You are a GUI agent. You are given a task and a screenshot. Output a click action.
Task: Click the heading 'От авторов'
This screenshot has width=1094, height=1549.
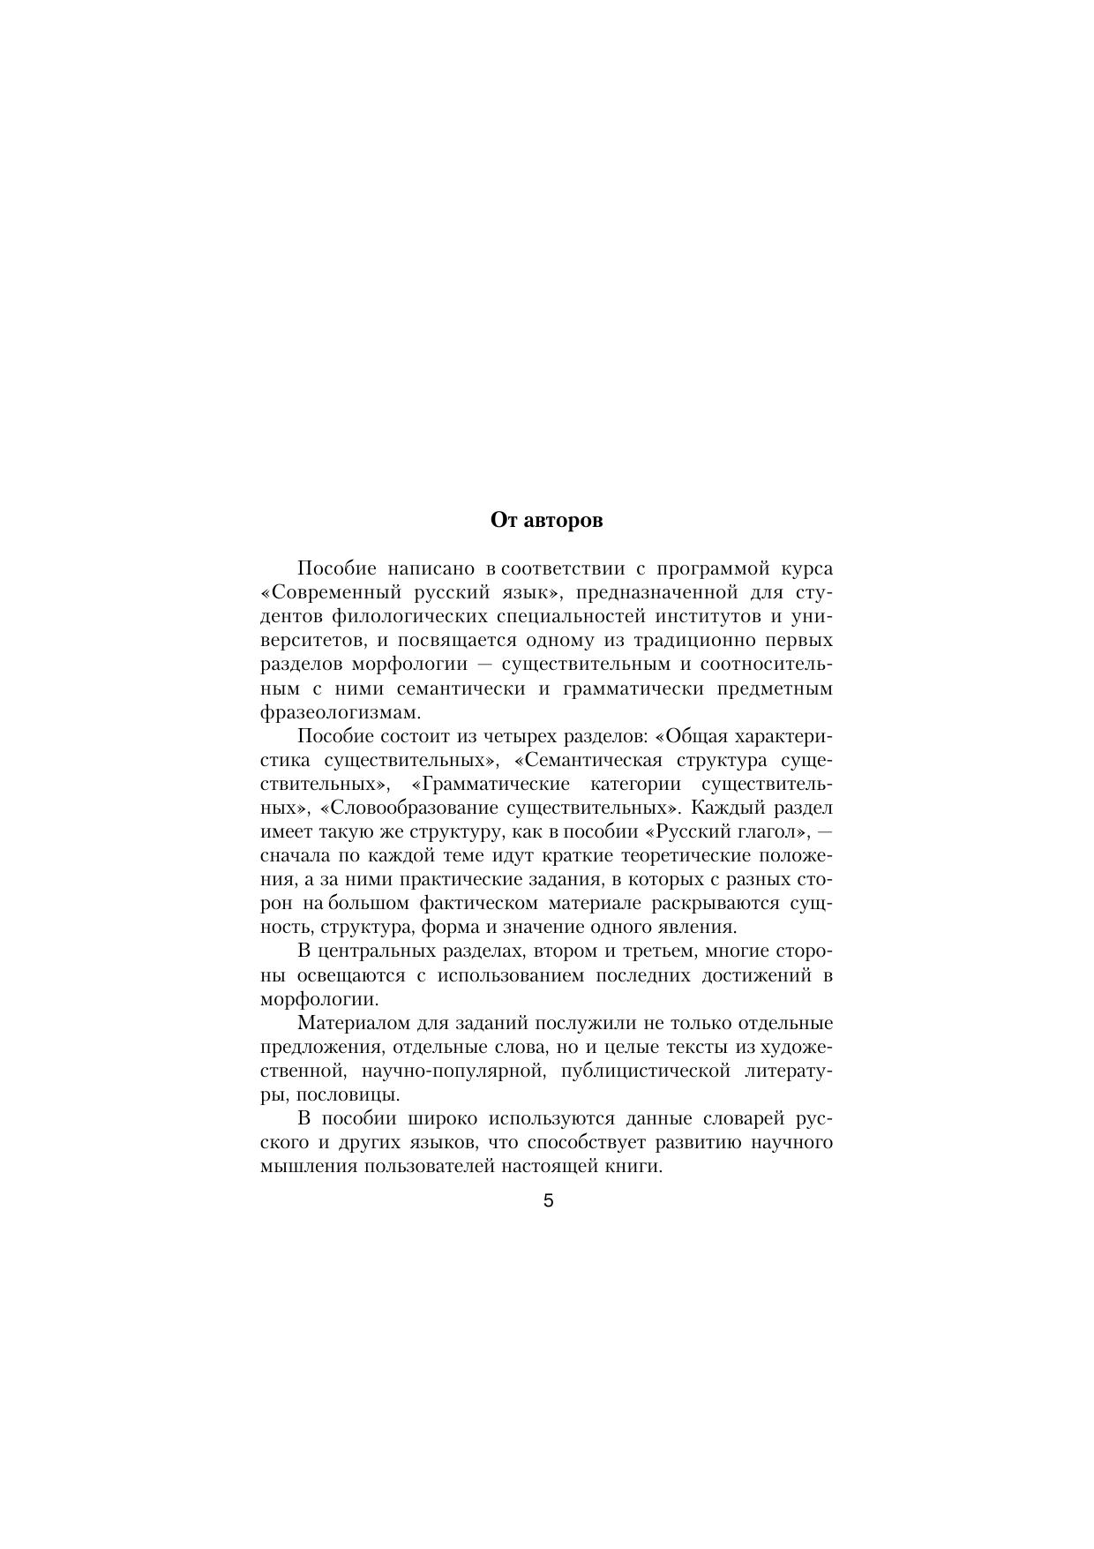tap(546, 520)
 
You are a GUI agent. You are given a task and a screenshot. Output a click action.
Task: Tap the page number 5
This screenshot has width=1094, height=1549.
tap(548, 1200)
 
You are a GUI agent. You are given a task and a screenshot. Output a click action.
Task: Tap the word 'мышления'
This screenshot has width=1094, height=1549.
tap(301, 1166)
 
